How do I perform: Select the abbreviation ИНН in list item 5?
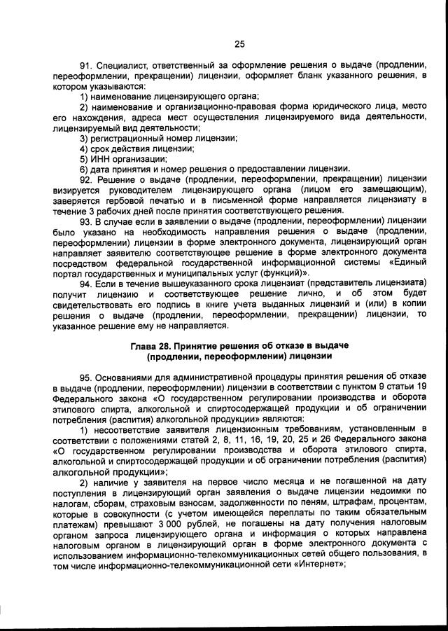click(x=101, y=158)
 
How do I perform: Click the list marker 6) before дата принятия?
click(x=83, y=168)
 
